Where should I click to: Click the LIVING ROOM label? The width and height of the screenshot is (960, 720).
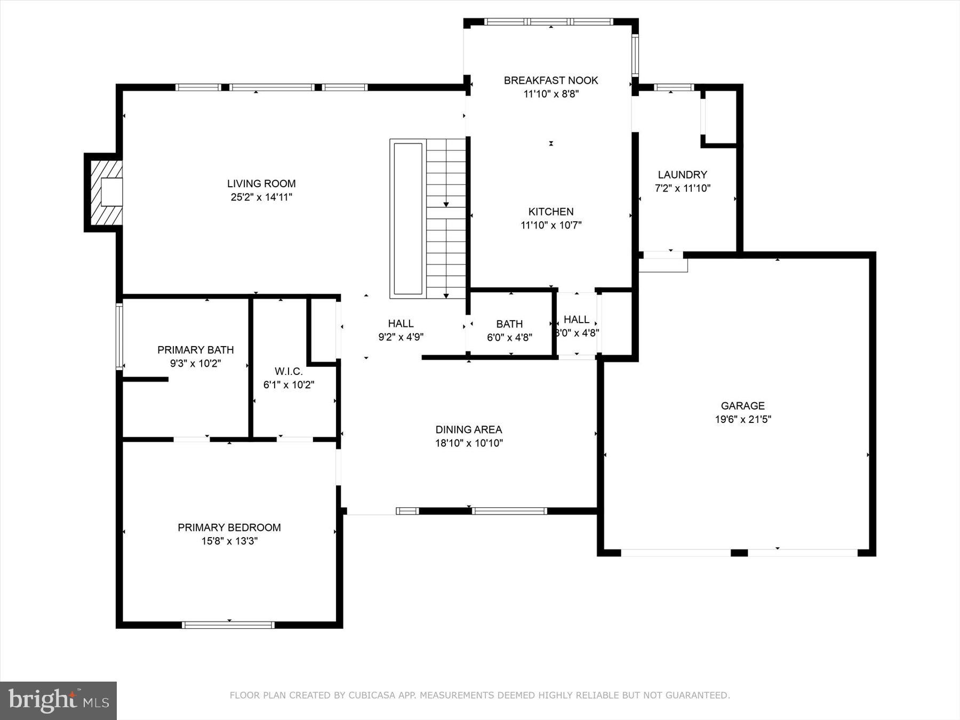(261, 184)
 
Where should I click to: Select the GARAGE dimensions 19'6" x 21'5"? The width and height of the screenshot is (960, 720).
(742, 419)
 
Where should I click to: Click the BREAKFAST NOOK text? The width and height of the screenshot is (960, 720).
(550, 81)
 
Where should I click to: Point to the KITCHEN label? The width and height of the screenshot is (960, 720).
(550, 212)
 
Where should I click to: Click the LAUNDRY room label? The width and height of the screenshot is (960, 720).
(682, 175)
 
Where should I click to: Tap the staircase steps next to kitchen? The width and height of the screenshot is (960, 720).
(446, 219)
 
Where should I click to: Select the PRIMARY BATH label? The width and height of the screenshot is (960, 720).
(195, 350)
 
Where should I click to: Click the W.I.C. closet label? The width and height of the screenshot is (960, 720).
(289, 372)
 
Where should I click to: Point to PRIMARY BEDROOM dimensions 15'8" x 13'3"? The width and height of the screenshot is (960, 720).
(229, 541)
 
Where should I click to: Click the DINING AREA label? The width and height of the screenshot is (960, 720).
(468, 430)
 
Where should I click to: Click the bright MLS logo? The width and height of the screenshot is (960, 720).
(58, 700)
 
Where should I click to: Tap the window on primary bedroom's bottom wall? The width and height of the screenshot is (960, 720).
(228, 625)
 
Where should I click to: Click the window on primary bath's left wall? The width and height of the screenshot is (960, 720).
(119, 336)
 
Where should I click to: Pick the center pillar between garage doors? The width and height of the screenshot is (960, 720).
(739, 553)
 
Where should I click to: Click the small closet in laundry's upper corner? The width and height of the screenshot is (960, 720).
(721, 117)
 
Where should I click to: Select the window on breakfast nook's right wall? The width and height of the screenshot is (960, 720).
(635, 55)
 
